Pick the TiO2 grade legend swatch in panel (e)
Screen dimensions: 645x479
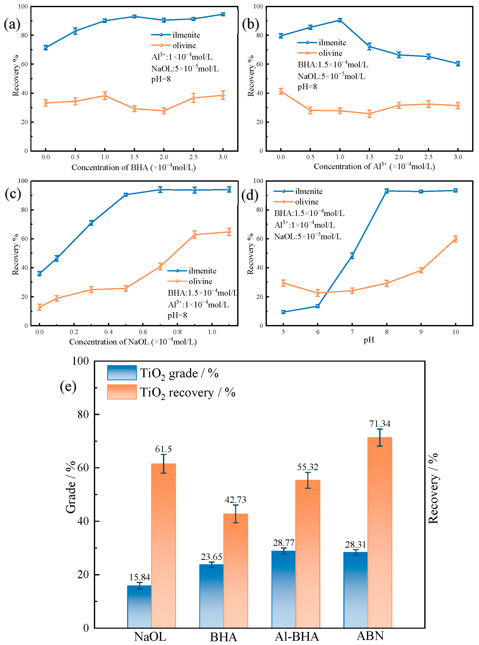tap(122, 373)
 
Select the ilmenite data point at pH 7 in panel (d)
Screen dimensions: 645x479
tap(352, 256)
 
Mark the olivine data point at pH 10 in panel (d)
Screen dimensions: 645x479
tap(455, 239)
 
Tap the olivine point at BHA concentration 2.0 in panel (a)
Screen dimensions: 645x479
tap(164, 111)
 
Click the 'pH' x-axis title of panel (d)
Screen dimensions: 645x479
tap(369, 340)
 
